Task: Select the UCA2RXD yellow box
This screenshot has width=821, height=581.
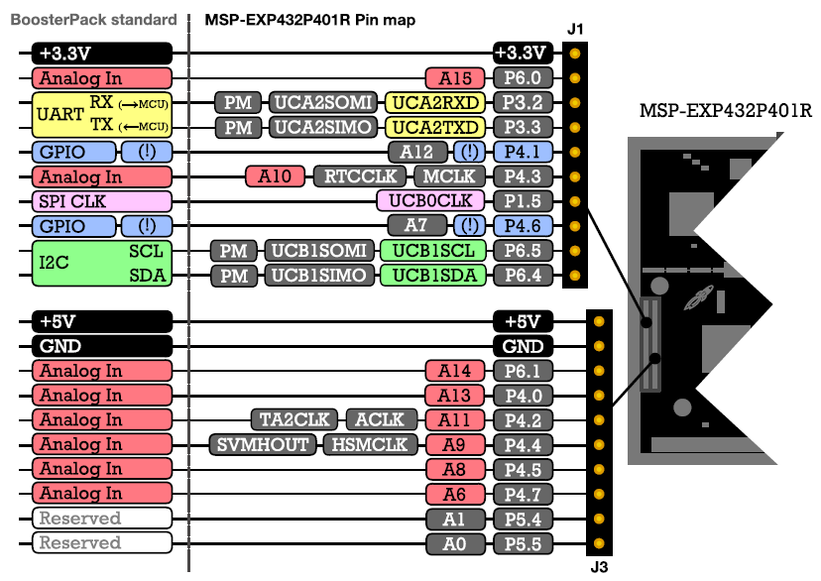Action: click(436, 102)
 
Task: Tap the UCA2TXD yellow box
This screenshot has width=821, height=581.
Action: click(436, 127)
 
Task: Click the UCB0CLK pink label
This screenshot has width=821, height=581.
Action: click(430, 201)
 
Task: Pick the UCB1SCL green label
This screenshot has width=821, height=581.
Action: click(433, 251)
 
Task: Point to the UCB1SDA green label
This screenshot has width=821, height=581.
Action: click(433, 276)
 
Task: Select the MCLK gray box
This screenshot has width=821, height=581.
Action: click(449, 176)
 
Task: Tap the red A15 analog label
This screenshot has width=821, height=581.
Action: click(455, 77)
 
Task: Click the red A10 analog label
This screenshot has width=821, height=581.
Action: click(275, 176)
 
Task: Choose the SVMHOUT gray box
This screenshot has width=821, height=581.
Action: click(263, 444)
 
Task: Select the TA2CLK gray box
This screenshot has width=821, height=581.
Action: click(293, 419)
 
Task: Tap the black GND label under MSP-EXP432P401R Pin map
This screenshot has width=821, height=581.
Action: click(521, 346)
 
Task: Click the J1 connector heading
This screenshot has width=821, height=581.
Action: click(576, 30)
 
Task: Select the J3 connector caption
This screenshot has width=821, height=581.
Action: click(598, 567)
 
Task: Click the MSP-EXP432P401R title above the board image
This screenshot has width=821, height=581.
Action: click(726, 109)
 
